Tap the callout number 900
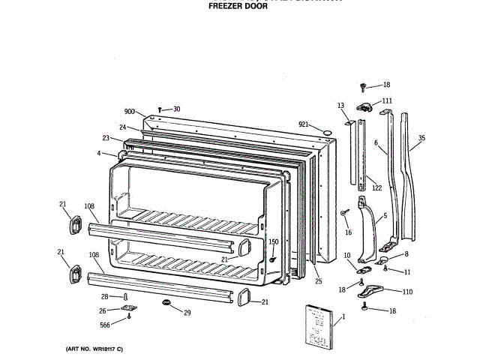129,112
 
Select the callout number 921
304,124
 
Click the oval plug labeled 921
326,133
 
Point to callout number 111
387,100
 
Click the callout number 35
421,139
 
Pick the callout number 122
377,188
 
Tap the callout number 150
274,241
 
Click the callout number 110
408,292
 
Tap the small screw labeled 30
160,109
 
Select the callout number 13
340,106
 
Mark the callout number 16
348,232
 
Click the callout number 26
103,310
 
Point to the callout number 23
106,138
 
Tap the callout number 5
385,217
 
